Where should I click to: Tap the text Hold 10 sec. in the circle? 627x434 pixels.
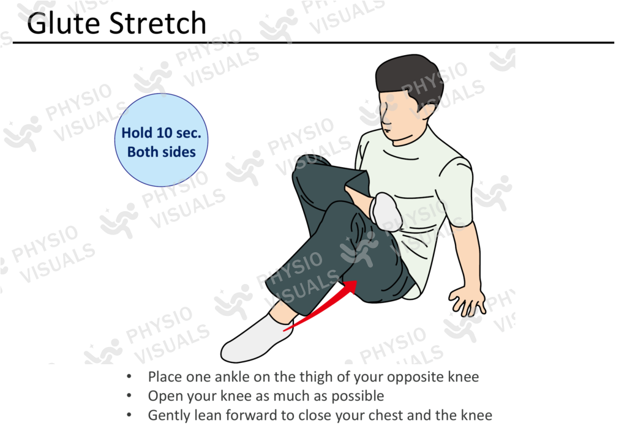point(161,133)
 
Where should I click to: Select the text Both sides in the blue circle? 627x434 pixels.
point(161,151)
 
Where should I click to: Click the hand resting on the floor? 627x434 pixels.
point(468,301)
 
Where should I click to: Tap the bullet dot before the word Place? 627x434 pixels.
point(128,376)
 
